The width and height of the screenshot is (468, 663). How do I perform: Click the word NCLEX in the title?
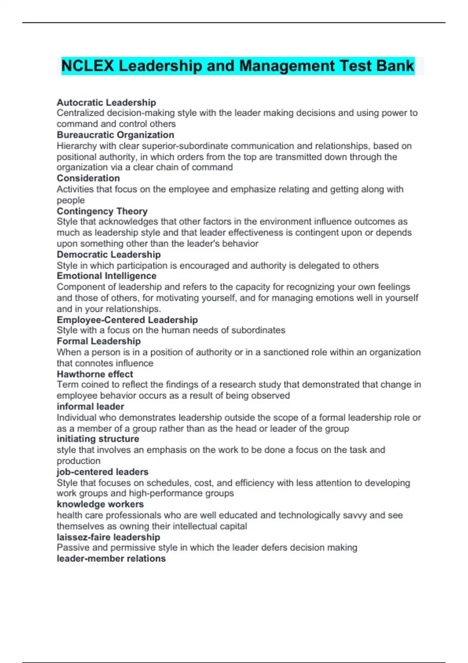pos(88,66)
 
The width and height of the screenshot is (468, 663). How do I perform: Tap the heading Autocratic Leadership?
pos(106,103)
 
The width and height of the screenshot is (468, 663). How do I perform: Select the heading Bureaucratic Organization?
pos(115,135)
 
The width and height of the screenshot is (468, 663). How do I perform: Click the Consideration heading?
pos(88,178)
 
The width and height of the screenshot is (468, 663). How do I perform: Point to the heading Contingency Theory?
pos(102,211)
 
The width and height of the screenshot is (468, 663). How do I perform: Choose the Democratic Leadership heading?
pos(108,255)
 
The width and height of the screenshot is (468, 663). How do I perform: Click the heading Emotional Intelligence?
pos(106,276)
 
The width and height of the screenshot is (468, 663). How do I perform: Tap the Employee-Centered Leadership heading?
pos(127,320)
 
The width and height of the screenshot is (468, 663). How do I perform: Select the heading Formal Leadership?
pos(99,341)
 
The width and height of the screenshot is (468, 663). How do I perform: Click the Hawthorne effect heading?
pos(95,374)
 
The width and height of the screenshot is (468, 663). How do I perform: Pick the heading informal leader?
pos(90,406)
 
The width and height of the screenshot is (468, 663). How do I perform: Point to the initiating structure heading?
pos(98,439)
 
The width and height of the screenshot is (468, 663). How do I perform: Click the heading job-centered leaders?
pos(103,472)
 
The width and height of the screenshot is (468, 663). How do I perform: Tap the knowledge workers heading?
pos(100,504)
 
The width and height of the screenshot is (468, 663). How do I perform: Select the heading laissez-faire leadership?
pos(108,537)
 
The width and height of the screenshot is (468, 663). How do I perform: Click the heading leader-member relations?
pos(111,558)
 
